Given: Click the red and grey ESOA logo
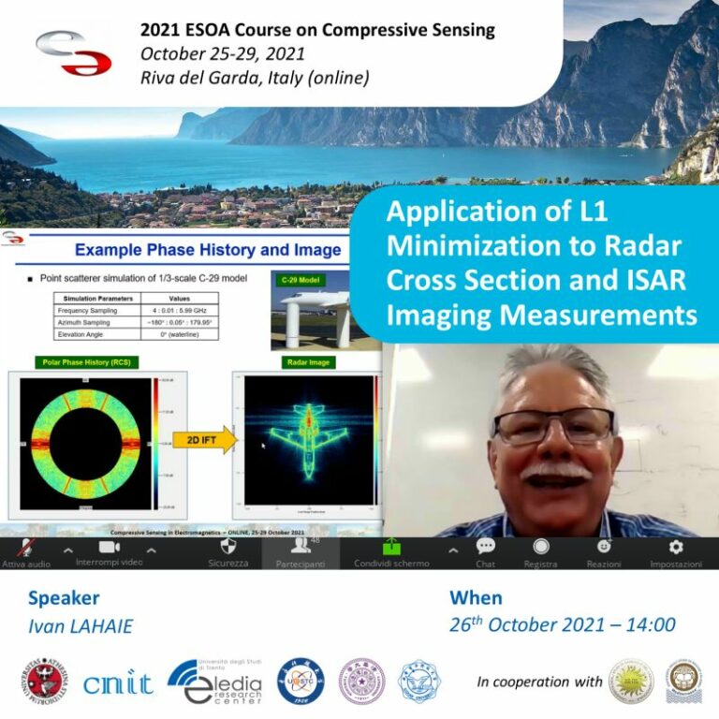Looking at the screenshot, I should [73, 53].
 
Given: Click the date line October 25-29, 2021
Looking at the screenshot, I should [222, 53].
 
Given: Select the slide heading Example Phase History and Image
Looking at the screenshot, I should [208, 250].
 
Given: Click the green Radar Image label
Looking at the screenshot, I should [308, 361].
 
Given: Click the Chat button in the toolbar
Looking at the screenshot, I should [485, 552].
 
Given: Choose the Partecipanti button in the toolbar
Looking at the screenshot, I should [301, 552].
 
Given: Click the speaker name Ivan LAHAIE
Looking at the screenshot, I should [81, 626].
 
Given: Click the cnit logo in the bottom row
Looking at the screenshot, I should [118, 683].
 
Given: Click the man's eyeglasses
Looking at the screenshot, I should [553, 426].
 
